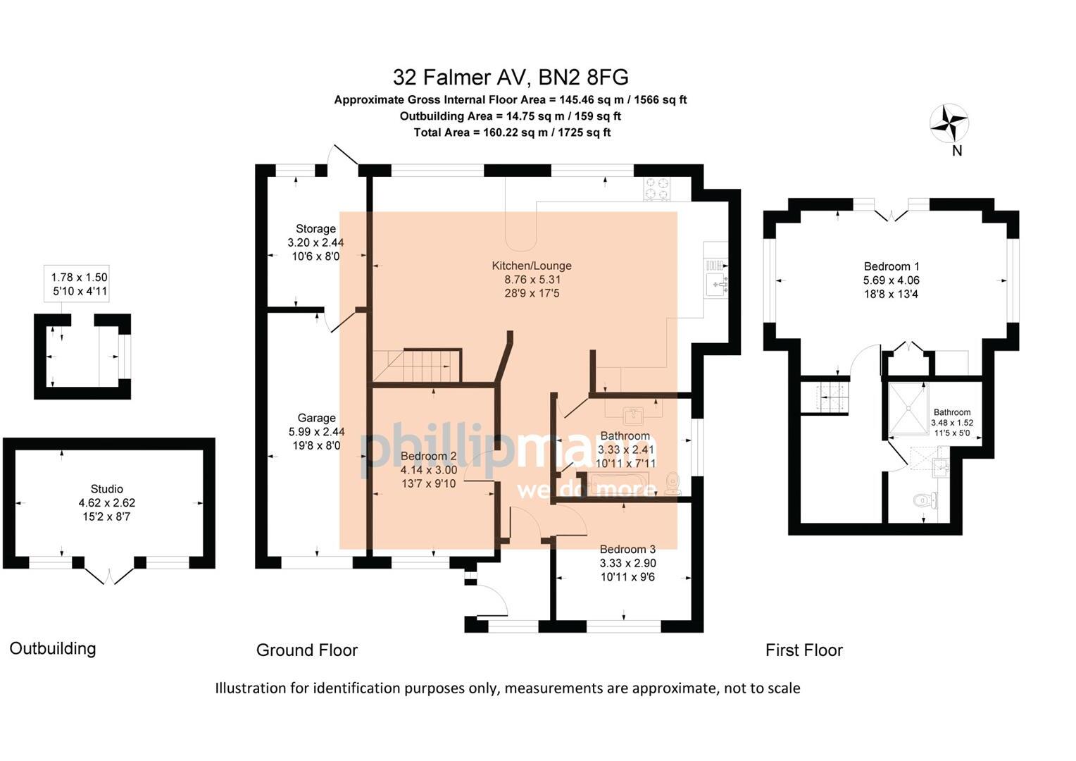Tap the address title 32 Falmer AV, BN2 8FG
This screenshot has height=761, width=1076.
(x=511, y=76)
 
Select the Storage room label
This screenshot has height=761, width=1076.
(x=315, y=229)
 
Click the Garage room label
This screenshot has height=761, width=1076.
(x=316, y=418)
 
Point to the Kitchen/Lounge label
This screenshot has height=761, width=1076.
(x=532, y=266)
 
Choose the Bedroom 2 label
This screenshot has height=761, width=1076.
(x=429, y=456)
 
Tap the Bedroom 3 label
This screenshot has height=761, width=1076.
(x=627, y=549)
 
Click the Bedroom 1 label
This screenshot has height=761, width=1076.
(x=892, y=266)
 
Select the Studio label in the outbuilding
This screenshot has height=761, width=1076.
(x=107, y=489)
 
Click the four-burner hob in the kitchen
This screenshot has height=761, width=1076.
(x=658, y=188)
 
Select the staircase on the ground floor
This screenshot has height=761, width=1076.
(x=417, y=366)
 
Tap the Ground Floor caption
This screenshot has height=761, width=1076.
(x=307, y=650)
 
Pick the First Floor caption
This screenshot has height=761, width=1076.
(x=804, y=650)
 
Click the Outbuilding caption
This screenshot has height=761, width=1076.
(x=53, y=648)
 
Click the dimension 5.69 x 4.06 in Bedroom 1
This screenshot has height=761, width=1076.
(x=892, y=280)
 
